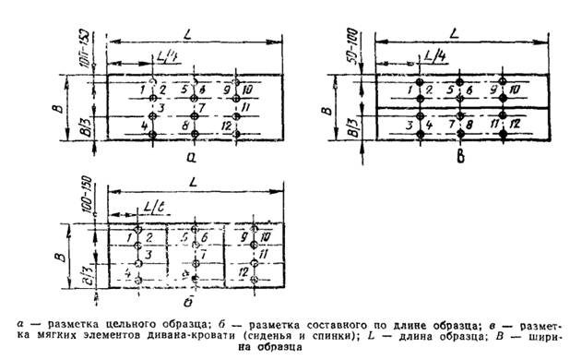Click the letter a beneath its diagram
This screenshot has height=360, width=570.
tap(192, 158)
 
